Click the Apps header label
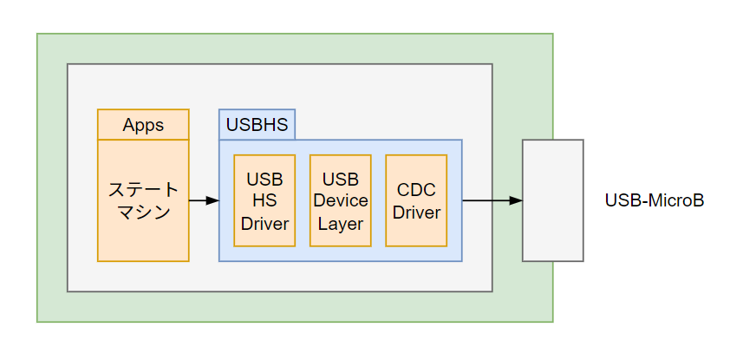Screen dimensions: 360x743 tap(143, 125)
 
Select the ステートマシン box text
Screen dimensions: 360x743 tap(143, 200)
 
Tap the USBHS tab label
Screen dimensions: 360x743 tap(257, 125)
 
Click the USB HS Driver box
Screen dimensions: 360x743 tap(264, 200)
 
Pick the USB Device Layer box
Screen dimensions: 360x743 tap(341, 200)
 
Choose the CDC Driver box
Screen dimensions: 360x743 tap(416, 200)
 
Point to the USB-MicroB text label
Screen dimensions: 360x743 tap(655, 201)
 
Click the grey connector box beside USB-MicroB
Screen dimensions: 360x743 tap(552, 200)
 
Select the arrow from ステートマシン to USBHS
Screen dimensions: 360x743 tap(203, 200)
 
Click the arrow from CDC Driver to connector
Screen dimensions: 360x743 tap(492, 200)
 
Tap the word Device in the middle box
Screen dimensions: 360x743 tap(341, 201)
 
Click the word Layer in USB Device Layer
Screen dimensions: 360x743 tap(341, 223)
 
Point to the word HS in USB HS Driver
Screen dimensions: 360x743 tap(264, 201)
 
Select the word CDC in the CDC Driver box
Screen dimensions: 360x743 tap(416, 190)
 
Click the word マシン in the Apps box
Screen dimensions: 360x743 tap(143, 212)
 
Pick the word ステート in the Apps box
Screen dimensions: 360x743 tap(143, 189)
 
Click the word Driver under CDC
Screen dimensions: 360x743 tap(416, 212)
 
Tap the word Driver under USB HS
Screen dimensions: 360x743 tap(264, 223)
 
